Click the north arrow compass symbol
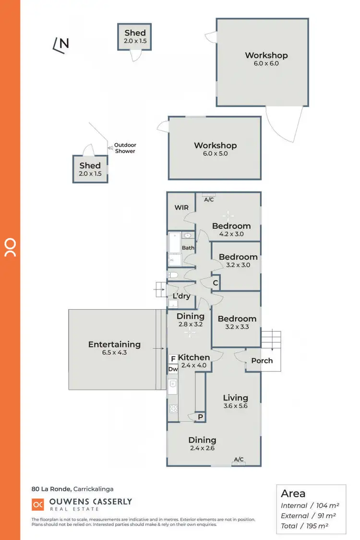pos(60,44)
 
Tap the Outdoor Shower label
pos(125,148)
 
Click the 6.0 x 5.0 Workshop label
pos(215,149)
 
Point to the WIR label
pos(181,208)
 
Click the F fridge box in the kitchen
pos(172,359)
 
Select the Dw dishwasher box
pos(173,369)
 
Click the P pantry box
pos(200,418)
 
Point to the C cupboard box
pos(216,283)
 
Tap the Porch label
pos(262,360)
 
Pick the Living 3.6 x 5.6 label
pos(235,402)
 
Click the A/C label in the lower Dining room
pos(239,460)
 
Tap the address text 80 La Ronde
pos(51,489)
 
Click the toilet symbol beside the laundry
pos(173,275)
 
